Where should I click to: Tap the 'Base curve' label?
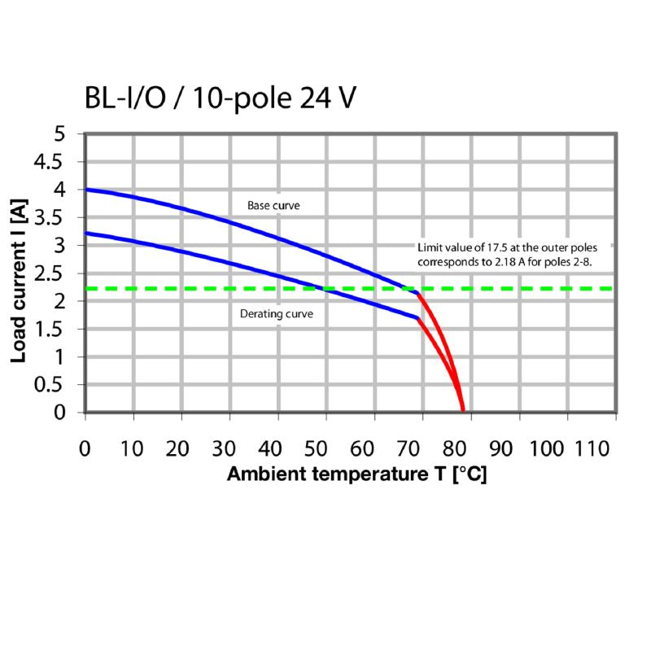tap(273, 206)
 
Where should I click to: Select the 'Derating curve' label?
tap(277, 313)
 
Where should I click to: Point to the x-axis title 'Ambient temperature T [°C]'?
tap(356, 474)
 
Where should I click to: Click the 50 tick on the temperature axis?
tap(326, 448)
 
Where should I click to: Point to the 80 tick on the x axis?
tap(471, 448)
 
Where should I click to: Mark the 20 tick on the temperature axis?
tap(181, 448)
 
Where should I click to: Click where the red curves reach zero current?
tap(463, 411)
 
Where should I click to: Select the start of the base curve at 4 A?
tap(86, 190)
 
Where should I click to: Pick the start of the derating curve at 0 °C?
tap(86, 234)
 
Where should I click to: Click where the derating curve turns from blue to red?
tap(418, 318)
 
